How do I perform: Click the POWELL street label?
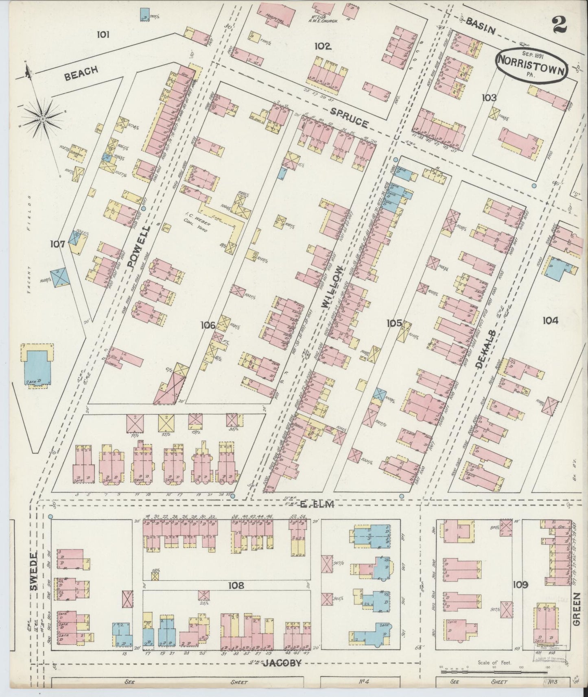139,247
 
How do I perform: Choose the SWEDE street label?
34,571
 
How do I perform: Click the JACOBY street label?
282,663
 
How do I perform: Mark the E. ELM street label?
317,505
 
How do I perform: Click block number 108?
236,586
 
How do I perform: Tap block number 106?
208,325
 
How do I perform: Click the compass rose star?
42,118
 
